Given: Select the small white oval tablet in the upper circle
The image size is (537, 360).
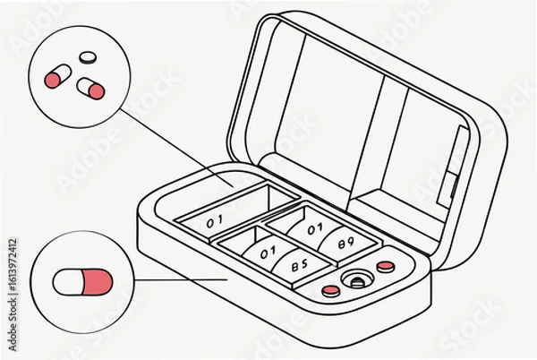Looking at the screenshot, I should click(x=87, y=56).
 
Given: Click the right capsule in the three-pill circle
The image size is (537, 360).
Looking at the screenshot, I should click(x=90, y=88).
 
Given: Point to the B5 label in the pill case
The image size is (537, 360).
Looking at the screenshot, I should click(x=301, y=264).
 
